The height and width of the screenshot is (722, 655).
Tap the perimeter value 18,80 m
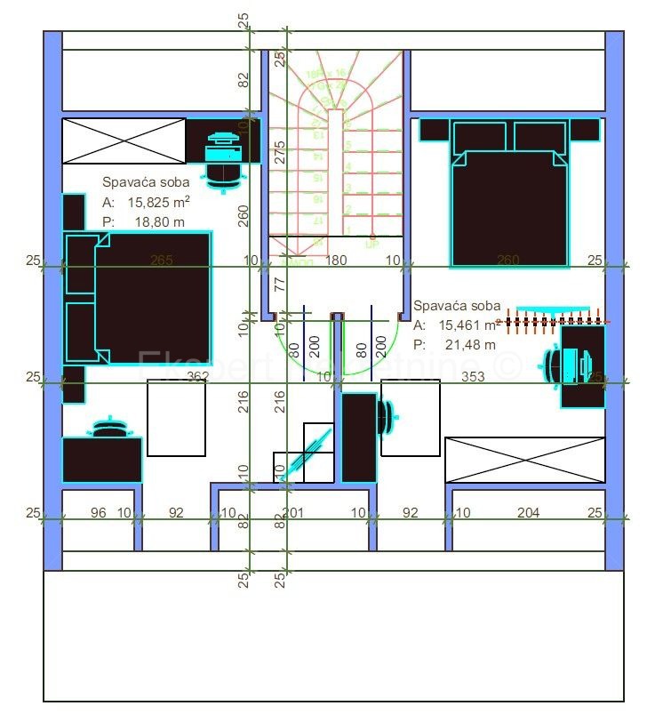[160, 222]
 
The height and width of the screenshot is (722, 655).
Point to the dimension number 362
[197, 377]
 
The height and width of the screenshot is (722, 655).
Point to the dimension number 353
[473, 377]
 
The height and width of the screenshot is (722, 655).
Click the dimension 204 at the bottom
[528, 512]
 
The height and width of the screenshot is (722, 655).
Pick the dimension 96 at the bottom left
[99, 512]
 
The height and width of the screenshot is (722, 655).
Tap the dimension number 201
[292, 512]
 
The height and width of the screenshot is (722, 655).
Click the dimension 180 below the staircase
[336, 261]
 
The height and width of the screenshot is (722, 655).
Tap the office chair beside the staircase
[223, 160]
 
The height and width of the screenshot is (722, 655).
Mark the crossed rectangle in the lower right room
[524, 459]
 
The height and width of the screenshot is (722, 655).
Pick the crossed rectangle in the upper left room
[124, 140]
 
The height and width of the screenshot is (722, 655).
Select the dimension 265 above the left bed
[162, 261]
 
